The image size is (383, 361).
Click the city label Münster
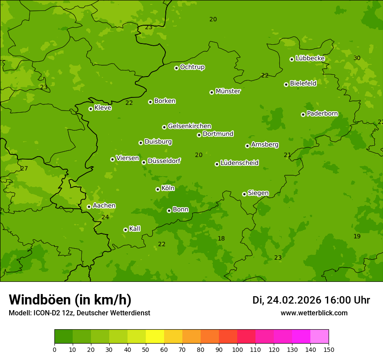click(x=228, y=91)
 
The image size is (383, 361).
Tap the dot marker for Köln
click(x=158, y=189)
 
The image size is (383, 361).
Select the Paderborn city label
click(x=322, y=114)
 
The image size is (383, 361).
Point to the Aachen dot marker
click(x=89, y=207)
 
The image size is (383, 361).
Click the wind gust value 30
click(x=357, y=58)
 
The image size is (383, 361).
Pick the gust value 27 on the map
click(x=24, y=168)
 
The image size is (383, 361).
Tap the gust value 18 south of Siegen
click(x=221, y=238)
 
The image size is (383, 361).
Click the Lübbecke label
click(x=310, y=58)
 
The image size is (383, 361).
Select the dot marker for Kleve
click(x=91, y=109)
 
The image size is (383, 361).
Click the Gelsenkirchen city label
click(x=189, y=126)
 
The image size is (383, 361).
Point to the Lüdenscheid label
click(x=239, y=163)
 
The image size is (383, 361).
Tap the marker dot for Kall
click(x=125, y=230)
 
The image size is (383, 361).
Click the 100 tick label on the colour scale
click(x=237, y=350)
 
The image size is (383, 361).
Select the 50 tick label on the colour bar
click(x=146, y=350)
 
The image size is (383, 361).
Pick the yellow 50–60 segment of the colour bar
click(x=155, y=337)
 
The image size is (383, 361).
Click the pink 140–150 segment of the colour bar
click(x=319, y=337)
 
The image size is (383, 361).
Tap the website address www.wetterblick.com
click(x=314, y=313)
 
